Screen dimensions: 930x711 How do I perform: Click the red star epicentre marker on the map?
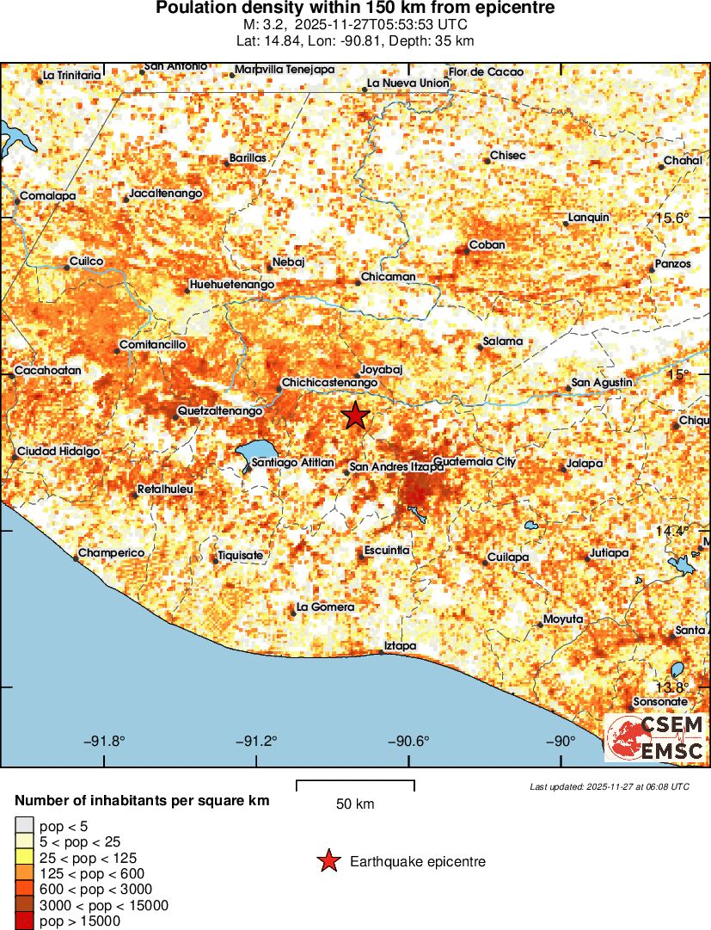(x=355, y=416)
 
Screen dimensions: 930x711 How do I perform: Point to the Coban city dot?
(x=465, y=251)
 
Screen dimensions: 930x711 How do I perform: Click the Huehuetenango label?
(x=232, y=284)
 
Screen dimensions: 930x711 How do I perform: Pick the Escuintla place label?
(x=387, y=550)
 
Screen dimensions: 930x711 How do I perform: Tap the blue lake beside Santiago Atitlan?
(x=255, y=452)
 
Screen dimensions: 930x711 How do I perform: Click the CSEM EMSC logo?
(x=655, y=737)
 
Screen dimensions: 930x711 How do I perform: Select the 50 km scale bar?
(x=355, y=784)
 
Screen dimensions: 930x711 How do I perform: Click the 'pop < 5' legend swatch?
(x=24, y=827)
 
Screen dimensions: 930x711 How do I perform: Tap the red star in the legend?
(x=328, y=861)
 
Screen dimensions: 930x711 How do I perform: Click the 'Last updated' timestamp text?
(x=609, y=786)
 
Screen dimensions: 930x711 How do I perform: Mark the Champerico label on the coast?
(x=112, y=552)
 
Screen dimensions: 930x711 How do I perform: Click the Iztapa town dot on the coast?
(x=383, y=653)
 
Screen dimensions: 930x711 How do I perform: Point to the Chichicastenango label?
(x=330, y=381)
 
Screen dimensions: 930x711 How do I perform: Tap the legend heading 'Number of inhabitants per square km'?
(x=142, y=801)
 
